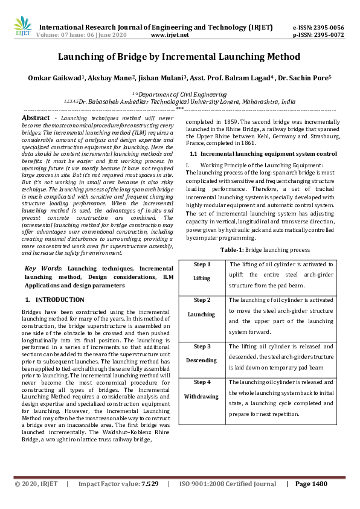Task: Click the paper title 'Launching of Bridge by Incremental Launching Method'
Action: (x=179, y=57)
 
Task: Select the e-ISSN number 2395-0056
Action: (x=327, y=28)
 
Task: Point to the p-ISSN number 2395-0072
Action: (x=327, y=35)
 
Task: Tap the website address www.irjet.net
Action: (x=170, y=35)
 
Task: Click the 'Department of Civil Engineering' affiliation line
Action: (x=179, y=94)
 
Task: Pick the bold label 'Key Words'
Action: (x=43, y=268)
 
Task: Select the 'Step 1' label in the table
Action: (x=202, y=264)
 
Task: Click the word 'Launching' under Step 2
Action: (x=202, y=314)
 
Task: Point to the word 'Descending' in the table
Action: (x=202, y=360)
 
